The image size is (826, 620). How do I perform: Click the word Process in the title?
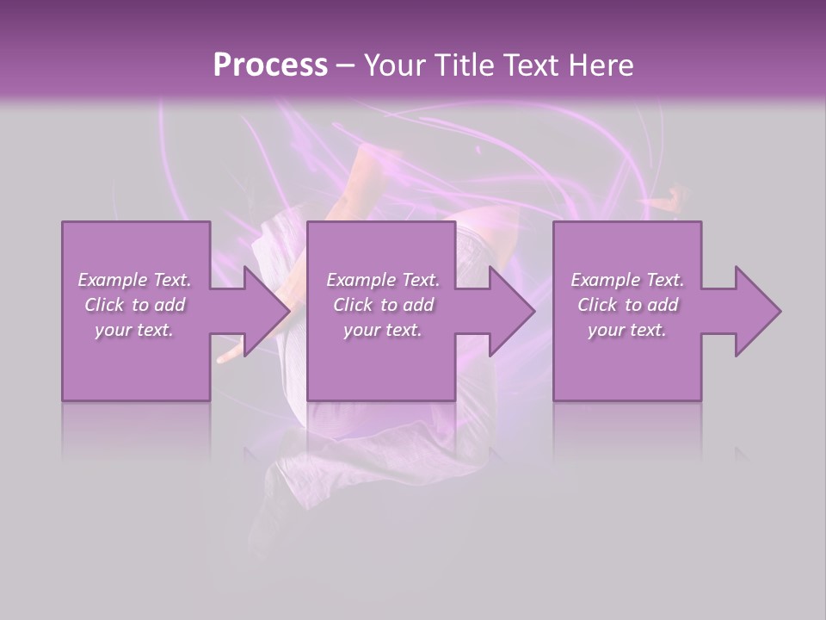tap(270, 65)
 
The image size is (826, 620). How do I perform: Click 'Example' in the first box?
tap(112, 280)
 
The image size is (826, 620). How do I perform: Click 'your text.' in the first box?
tap(134, 330)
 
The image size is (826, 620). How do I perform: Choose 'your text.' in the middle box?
tap(383, 330)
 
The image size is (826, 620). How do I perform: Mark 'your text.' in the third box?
tap(627, 330)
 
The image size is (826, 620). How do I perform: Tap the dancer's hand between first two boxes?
tap(231, 354)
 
